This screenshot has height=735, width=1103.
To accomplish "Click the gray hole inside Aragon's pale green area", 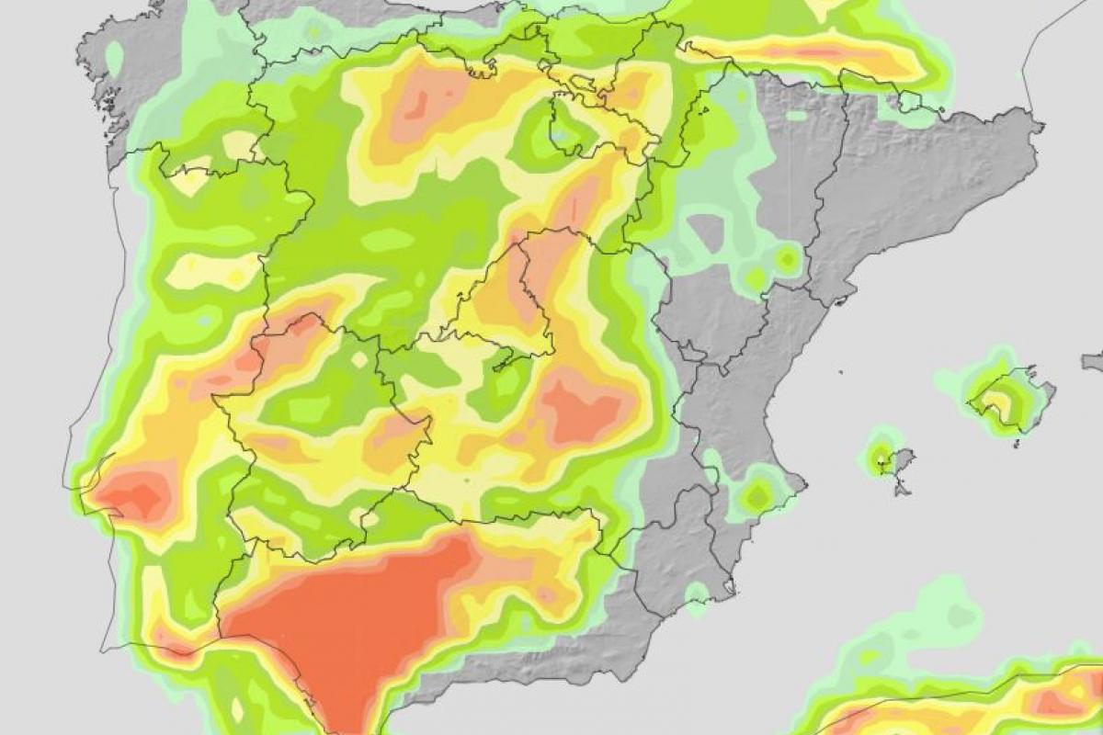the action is [705, 230].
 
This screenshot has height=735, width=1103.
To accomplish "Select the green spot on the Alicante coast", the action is [757, 496].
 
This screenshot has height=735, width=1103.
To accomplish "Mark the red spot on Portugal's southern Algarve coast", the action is [175, 643].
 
